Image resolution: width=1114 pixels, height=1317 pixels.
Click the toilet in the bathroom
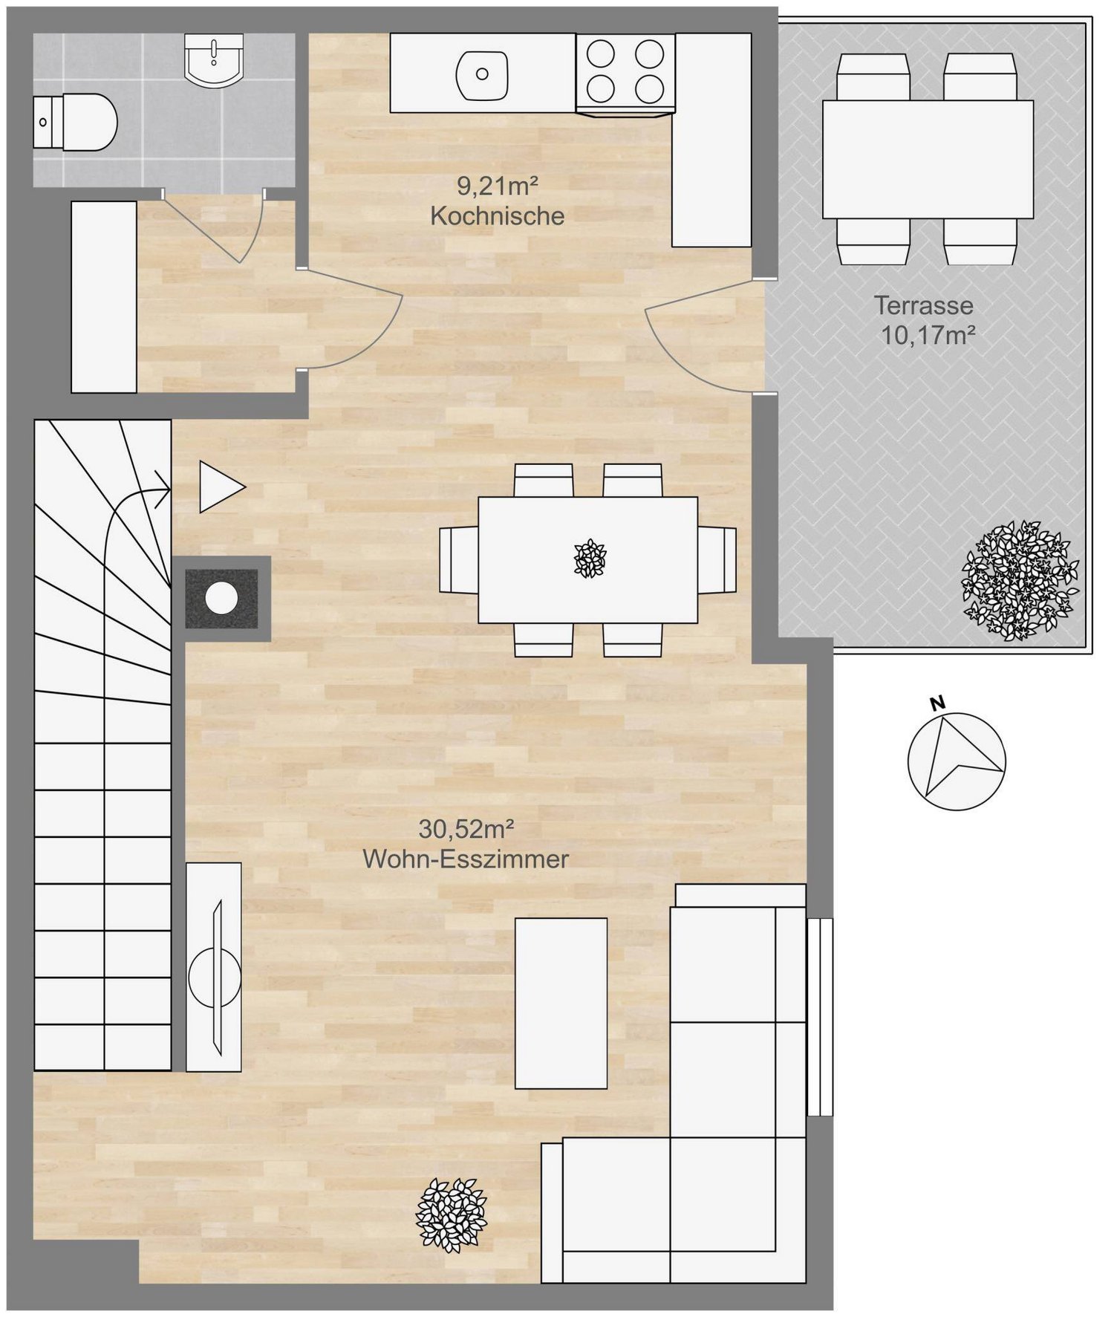(75, 122)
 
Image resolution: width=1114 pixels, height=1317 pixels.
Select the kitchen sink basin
(483, 74)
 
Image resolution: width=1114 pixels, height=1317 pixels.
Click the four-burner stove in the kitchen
(625, 73)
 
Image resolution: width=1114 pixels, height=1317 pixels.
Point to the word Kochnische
(497, 216)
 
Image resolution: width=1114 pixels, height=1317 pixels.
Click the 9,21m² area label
(497, 186)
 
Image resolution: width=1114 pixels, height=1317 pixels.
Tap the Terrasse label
(923, 305)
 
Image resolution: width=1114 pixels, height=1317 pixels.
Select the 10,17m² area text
(928, 336)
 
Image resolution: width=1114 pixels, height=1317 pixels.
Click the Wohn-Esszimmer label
(466, 859)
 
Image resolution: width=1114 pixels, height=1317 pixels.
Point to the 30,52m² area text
(467, 828)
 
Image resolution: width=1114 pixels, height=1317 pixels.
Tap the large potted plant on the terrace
(1020, 580)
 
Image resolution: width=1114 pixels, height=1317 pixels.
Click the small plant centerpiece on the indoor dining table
(590, 559)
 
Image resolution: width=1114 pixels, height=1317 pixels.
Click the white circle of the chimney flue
(221, 599)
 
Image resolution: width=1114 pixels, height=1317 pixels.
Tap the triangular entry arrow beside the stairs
(221, 487)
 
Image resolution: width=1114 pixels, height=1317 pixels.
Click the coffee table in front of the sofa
(561, 1003)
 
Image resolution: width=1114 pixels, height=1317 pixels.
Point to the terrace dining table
(928, 159)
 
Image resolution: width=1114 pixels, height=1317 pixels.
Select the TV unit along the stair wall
(213, 966)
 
